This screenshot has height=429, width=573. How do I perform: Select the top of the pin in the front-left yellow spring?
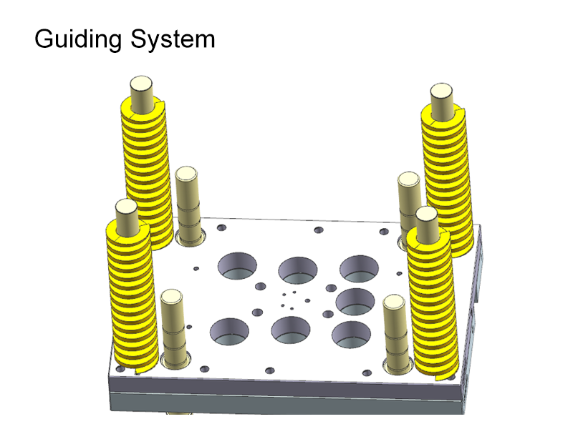point(126,208)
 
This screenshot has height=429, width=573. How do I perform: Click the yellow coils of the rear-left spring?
point(148,172)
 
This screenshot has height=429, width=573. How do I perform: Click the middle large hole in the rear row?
point(297,270)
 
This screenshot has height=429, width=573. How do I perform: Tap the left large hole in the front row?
point(229,330)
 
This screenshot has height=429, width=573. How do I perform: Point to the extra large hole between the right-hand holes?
point(355,302)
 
